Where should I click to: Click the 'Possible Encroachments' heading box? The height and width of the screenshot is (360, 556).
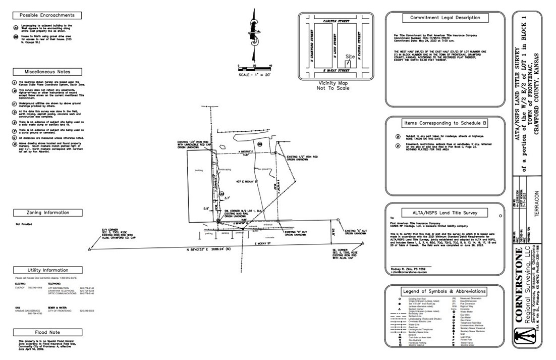(x=47, y=16)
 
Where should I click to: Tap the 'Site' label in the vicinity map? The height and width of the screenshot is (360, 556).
(x=350, y=57)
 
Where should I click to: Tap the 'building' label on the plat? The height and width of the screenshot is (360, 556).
(x=199, y=171)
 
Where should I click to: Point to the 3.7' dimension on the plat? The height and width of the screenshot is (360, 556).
(x=227, y=198)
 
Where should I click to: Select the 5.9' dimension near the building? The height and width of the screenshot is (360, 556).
(x=205, y=208)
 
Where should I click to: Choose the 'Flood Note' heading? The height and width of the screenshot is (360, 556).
(x=47, y=332)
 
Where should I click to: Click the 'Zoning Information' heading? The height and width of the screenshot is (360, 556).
(x=47, y=213)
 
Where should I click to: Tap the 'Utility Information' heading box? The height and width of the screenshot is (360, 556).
(x=47, y=270)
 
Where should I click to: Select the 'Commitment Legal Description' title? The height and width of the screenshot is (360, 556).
(x=444, y=18)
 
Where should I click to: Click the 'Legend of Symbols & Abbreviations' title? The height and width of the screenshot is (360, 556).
(x=444, y=291)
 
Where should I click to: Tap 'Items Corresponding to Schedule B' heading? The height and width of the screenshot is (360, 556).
(x=444, y=123)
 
